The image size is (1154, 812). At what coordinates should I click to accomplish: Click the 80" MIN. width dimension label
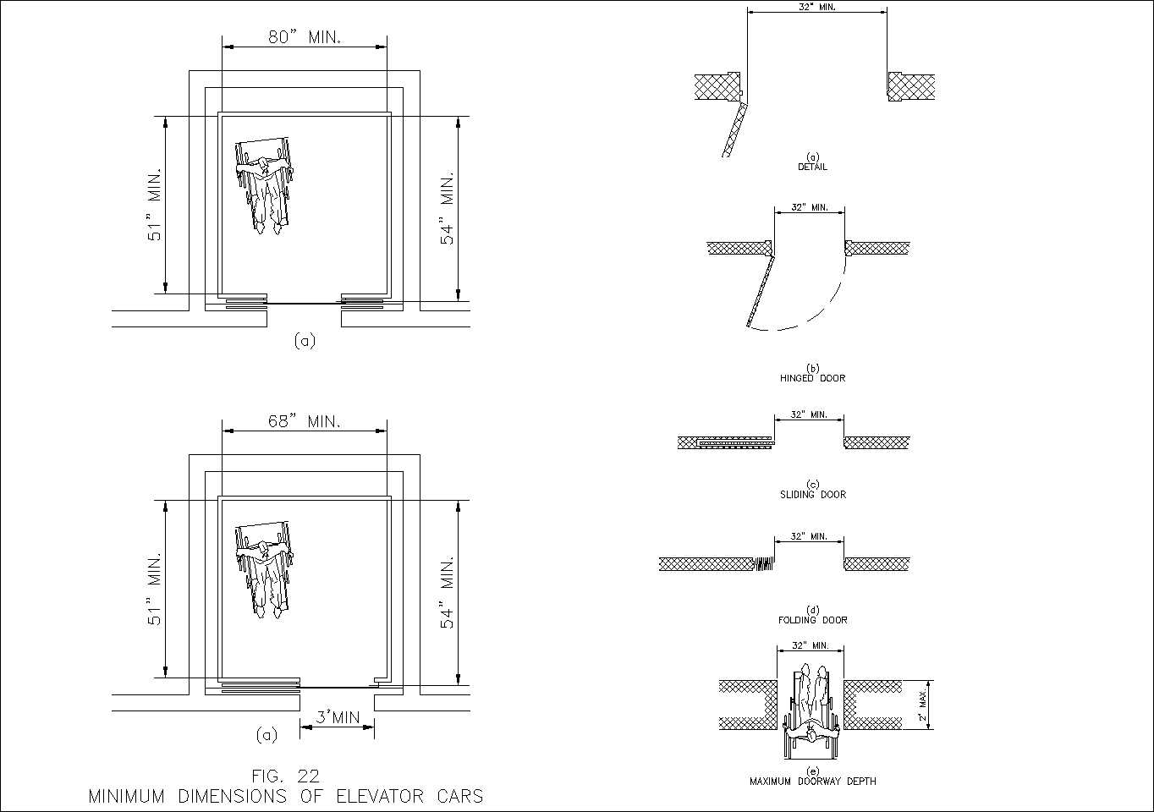(305, 37)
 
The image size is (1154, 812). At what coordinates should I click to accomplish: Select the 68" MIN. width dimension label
(305, 421)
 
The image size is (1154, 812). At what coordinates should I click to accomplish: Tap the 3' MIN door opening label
(338, 718)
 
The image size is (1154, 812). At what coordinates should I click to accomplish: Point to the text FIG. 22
(286, 776)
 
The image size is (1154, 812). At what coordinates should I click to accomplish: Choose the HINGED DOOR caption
(812, 378)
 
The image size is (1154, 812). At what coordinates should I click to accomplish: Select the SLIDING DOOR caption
(812, 494)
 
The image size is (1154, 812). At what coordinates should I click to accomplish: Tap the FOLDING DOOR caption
(812, 620)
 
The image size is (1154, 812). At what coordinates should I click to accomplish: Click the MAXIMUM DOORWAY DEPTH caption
(812, 782)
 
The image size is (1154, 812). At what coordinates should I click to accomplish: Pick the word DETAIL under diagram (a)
(812, 167)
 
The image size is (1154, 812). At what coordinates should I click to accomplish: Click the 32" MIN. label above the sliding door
(809, 414)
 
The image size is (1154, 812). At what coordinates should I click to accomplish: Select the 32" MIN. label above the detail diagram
(816, 7)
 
